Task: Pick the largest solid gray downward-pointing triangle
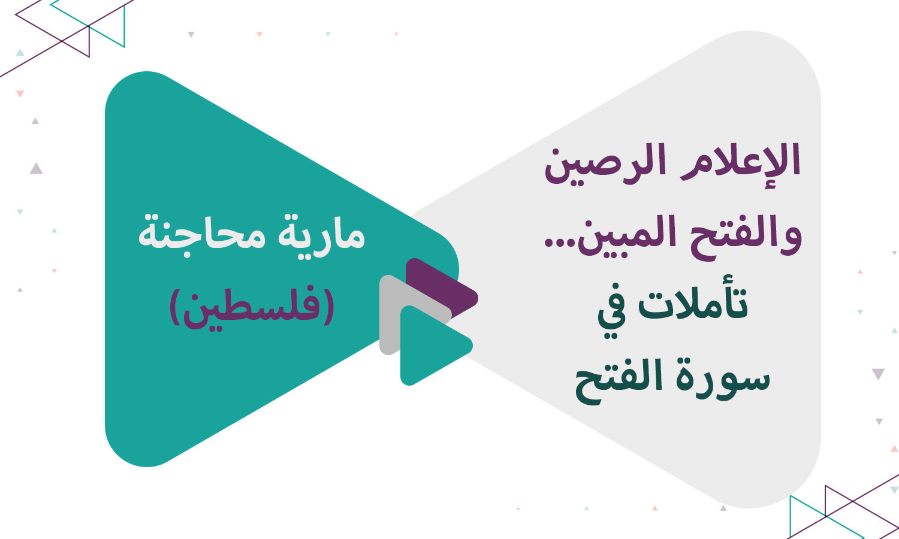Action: [x=878, y=374]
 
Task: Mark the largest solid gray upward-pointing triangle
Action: [x=36, y=168]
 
